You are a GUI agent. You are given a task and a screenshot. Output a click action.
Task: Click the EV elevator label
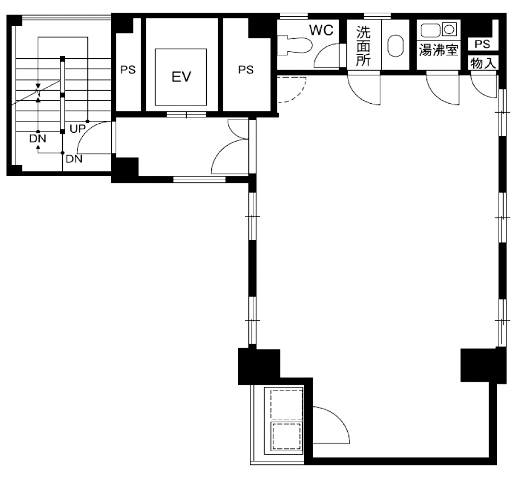click(181, 77)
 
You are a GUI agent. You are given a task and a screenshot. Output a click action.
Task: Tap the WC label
click(321, 30)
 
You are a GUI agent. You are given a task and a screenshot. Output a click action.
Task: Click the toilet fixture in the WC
click(295, 45)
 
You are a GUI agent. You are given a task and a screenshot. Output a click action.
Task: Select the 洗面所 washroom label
click(363, 46)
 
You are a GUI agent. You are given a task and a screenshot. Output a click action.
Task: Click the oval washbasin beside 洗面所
click(396, 46)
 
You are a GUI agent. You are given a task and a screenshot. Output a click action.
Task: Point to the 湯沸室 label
click(438, 50)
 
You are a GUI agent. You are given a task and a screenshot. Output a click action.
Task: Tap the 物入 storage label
click(483, 63)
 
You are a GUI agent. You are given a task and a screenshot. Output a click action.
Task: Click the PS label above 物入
click(482, 44)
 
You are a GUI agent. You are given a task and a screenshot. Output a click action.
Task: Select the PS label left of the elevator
click(128, 70)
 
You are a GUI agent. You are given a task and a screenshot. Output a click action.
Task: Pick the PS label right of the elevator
click(246, 70)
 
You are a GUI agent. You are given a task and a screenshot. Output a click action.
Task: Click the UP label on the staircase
click(77, 129)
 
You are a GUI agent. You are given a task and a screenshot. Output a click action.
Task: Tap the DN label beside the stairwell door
click(74, 159)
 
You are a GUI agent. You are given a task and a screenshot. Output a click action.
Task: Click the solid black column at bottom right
click(483, 365)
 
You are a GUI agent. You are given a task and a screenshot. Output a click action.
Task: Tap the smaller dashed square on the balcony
click(285, 436)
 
